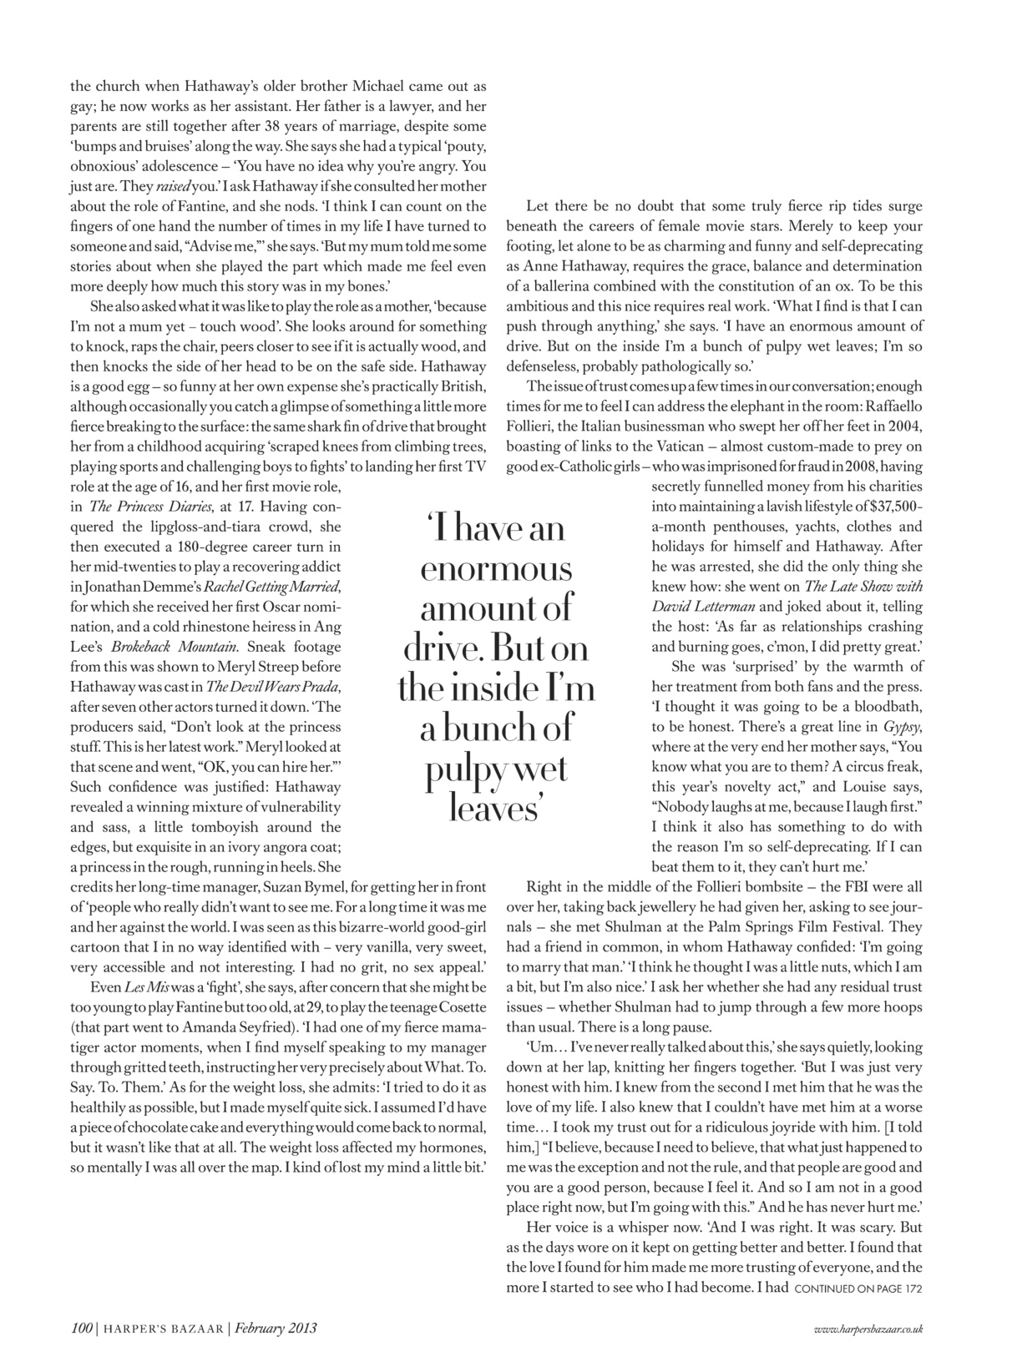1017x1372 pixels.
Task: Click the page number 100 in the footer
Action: pyautogui.click(x=81, y=1328)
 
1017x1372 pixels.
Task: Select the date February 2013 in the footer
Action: pyautogui.click(x=276, y=1328)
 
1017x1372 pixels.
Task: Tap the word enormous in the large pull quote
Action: pyautogui.click(x=495, y=569)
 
